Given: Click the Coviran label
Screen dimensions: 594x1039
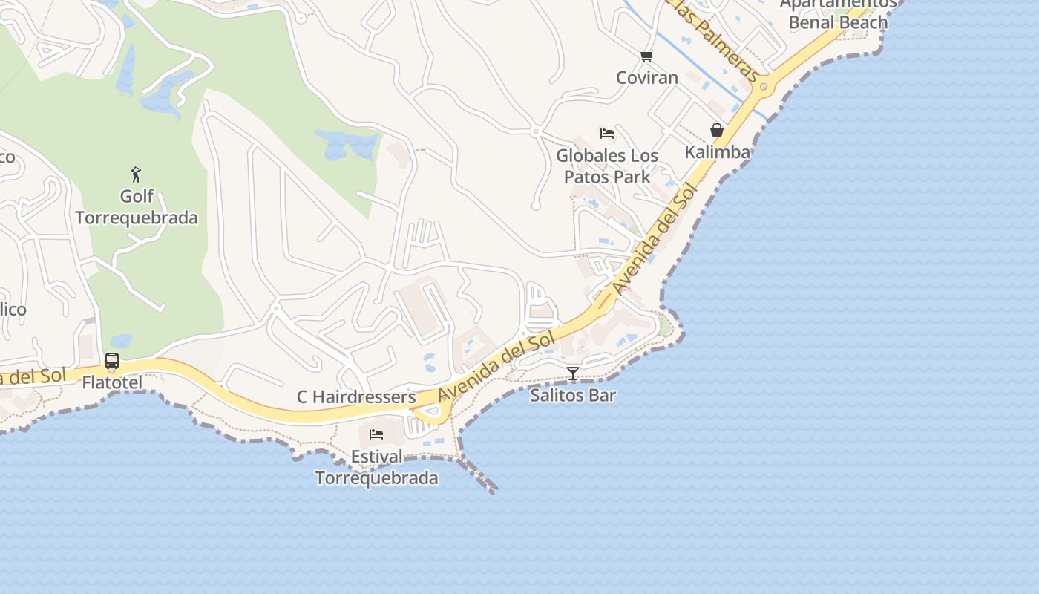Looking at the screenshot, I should (x=647, y=77).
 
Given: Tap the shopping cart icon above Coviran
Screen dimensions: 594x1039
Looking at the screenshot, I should (x=646, y=56).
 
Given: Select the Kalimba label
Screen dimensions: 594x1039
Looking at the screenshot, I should (x=717, y=152).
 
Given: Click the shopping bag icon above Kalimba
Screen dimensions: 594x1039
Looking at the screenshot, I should (x=717, y=130).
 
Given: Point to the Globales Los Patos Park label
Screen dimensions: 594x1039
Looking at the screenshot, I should (x=607, y=166).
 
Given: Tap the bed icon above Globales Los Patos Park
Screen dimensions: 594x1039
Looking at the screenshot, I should (x=607, y=134).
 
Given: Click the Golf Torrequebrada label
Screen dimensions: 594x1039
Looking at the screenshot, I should (x=137, y=207).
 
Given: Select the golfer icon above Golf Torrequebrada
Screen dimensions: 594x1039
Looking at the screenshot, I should (x=136, y=174).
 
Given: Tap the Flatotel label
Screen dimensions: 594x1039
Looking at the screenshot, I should (x=112, y=383).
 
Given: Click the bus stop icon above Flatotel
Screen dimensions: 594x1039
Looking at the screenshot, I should (x=112, y=362).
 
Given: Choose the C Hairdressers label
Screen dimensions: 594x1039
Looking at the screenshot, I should (x=356, y=397).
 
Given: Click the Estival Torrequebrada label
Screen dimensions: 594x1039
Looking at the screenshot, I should (x=377, y=467).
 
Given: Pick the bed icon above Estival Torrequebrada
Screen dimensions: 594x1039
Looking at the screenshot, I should (x=376, y=434).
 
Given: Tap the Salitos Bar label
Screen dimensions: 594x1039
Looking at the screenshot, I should (x=573, y=395).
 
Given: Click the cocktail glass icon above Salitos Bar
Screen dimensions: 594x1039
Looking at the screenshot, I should (x=572, y=373).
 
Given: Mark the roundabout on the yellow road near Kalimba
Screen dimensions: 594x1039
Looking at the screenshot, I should (x=764, y=88).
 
